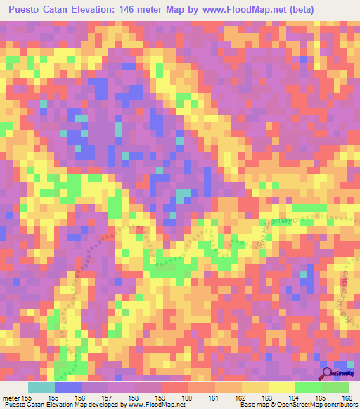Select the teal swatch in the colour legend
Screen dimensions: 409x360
(x=41, y=387)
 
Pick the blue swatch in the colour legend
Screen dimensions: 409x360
(x=68, y=387)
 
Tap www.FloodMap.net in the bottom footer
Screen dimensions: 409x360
(x=150, y=405)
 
